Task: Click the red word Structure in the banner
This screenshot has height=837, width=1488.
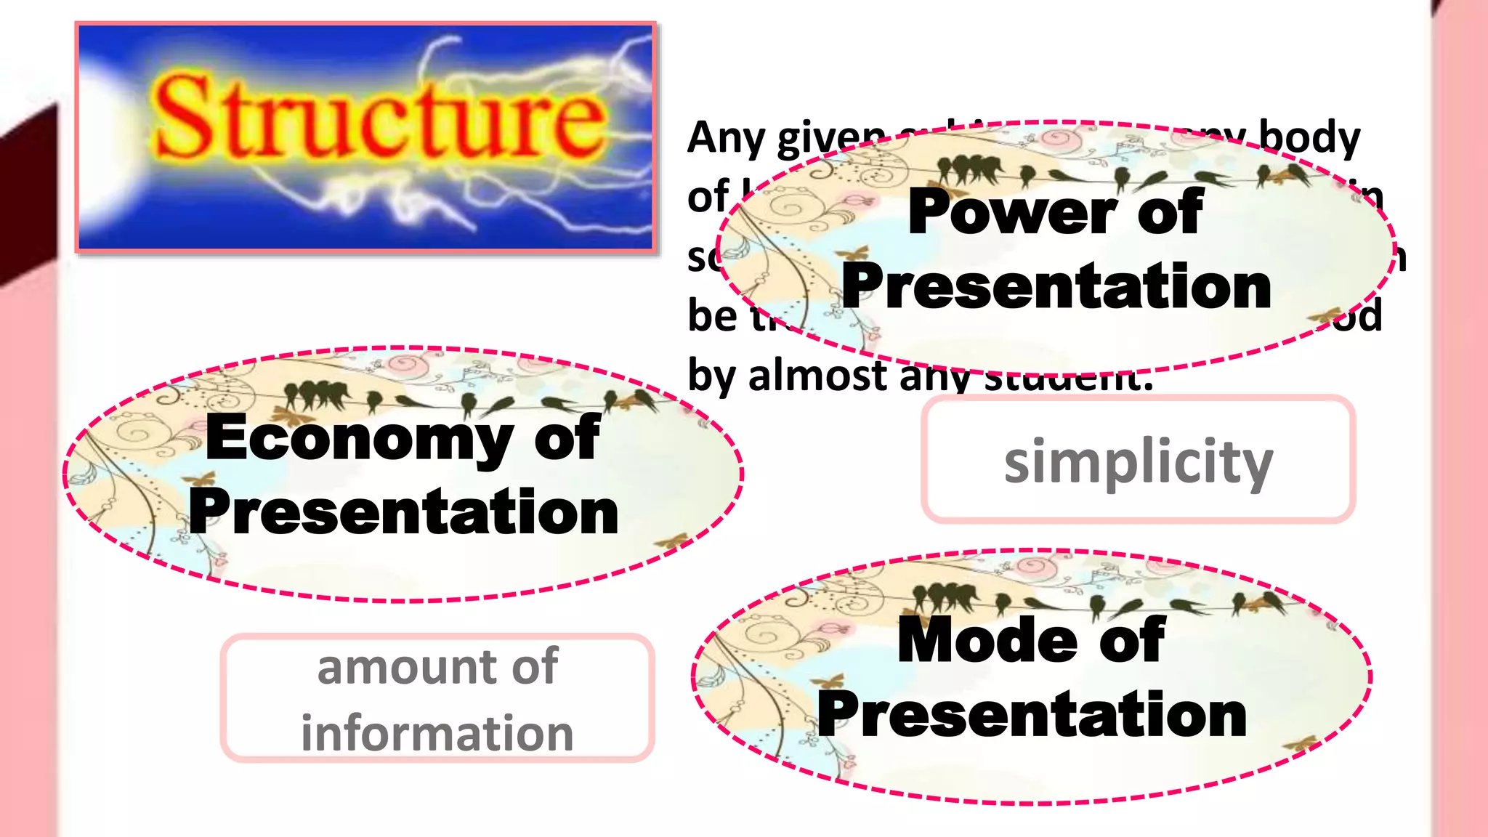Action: point(378,116)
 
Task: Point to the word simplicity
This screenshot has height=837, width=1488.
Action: point(1139,461)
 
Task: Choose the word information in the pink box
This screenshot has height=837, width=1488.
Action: point(437,733)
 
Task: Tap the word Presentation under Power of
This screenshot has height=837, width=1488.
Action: point(1056,286)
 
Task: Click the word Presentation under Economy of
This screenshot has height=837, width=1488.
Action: point(404,512)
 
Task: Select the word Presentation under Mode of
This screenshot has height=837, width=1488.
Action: point(1032,715)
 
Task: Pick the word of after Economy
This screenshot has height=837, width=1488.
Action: point(567,438)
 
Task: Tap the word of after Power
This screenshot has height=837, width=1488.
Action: point(1170,211)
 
